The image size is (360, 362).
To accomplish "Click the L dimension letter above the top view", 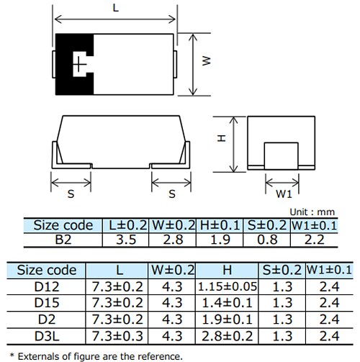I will (116, 8).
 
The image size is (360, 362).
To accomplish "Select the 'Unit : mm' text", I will (312, 212).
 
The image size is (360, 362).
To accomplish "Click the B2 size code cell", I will (63, 240).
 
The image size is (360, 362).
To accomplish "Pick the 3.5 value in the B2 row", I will (127, 240).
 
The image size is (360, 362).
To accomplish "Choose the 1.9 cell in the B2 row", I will (220, 240).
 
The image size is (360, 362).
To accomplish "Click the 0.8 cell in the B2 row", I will (266, 240).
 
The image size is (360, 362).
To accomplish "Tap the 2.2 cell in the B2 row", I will (313, 240).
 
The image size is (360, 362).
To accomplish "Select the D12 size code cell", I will (47, 286).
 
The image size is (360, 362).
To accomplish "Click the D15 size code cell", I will (47, 302).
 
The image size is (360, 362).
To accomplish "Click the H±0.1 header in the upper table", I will (220, 225).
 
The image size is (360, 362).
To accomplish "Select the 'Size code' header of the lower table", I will (47, 271).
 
